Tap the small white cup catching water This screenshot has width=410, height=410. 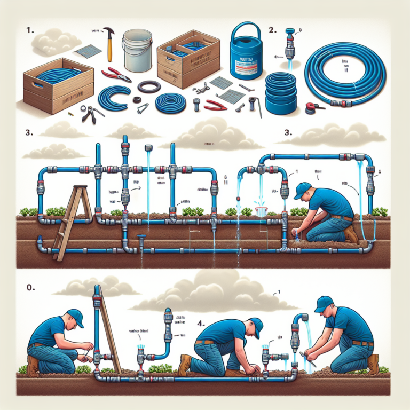click(x=261, y=211)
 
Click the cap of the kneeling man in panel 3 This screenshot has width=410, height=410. click(x=302, y=188)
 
